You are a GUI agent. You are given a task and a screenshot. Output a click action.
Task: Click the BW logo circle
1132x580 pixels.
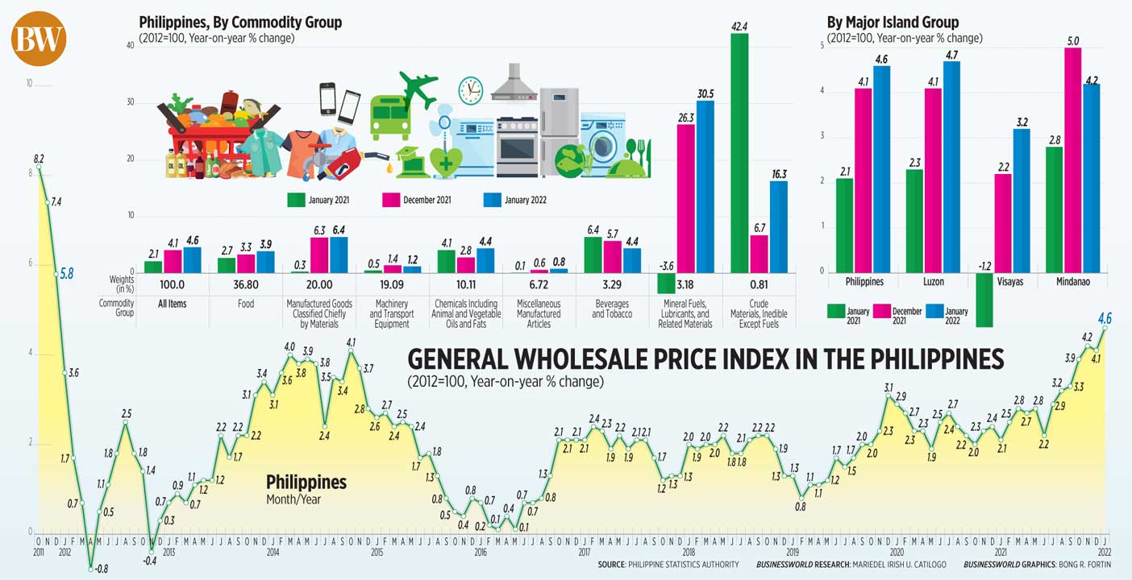pyautogui.click(x=38, y=39)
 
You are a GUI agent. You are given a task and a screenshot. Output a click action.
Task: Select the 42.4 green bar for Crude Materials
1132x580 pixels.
pyautogui.click(x=739, y=153)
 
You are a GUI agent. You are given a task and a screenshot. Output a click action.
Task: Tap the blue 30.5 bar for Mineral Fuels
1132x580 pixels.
pyautogui.click(x=705, y=186)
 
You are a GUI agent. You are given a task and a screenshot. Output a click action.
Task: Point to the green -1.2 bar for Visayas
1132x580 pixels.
pyautogui.click(x=984, y=299)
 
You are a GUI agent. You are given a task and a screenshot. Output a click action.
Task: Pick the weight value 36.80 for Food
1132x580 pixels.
pyautogui.click(x=246, y=284)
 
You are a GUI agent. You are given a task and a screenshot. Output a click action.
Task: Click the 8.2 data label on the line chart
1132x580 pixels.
pyautogui.click(x=39, y=159)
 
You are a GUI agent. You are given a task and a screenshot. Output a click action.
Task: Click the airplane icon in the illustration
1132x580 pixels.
pyautogui.click(x=418, y=89)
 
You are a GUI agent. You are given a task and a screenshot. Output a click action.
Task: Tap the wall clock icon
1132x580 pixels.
pyautogui.click(x=470, y=90)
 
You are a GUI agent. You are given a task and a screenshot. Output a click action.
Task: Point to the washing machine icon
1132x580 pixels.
pyautogui.click(x=602, y=144)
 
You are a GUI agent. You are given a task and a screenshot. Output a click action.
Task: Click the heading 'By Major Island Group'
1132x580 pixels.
pyautogui.click(x=893, y=23)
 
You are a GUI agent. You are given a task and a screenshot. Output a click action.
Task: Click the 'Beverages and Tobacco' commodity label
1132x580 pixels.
pyautogui.click(x=612, y=309)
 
